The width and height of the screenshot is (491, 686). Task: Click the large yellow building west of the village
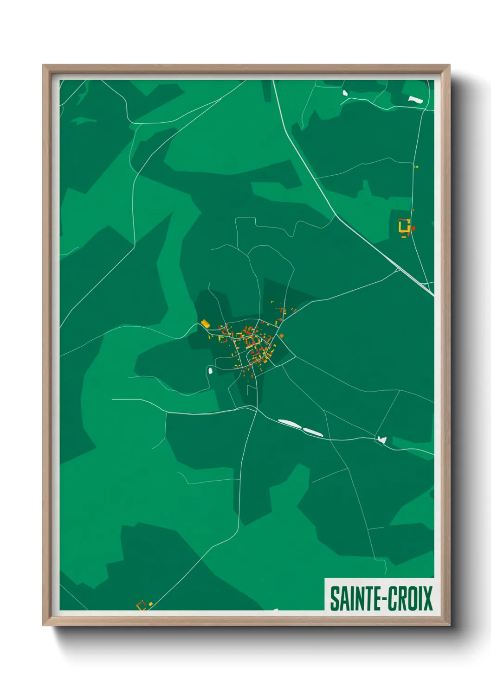[205, 324]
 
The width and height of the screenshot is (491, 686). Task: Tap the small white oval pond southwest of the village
[210, 370]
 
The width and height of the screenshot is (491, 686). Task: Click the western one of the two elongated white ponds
[289, 423]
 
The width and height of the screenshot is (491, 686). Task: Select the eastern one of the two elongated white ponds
[313, 432]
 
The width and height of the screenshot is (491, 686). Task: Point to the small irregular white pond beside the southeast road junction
[382, 439]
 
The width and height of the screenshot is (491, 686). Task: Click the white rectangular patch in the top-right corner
[415, 99]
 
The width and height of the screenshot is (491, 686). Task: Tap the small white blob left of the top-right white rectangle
[345, 93]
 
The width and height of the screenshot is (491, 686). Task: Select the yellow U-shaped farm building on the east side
[404, 226]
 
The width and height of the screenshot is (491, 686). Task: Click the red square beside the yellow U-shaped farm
[413, 228]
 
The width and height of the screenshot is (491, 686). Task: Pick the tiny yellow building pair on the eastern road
[416, 166]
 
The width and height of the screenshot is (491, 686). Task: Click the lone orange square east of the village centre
[281, 336]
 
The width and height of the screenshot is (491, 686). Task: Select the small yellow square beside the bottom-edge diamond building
[150, 604]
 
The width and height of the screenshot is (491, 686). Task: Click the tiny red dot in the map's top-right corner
[426, 83]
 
